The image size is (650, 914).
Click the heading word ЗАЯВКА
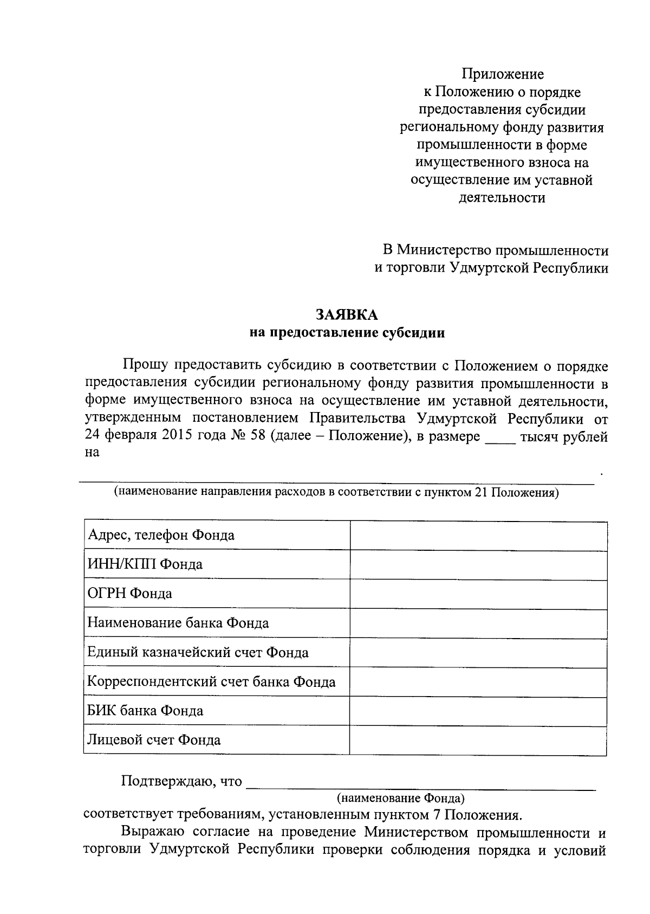tap(347, 315)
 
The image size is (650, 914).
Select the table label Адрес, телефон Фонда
tap(161, 536)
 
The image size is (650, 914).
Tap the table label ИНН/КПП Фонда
tap(145, 565)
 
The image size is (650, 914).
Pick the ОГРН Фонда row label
tap(130, 594)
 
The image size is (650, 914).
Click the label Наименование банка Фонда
tap(178, 623)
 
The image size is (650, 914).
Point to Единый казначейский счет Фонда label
tap(198, 652)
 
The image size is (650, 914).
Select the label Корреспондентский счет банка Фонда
tap(212, 681)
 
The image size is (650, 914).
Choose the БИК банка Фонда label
tap(146, 711)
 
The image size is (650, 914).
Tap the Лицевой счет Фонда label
tap(154, 740)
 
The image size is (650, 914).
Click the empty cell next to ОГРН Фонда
tap(478, 594)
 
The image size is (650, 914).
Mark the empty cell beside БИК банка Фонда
tap(478, 711)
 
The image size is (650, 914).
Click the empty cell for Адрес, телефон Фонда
tap(478, 536)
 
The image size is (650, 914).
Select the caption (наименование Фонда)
tap(400, 798)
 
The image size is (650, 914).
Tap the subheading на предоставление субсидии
tap(347, 333)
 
